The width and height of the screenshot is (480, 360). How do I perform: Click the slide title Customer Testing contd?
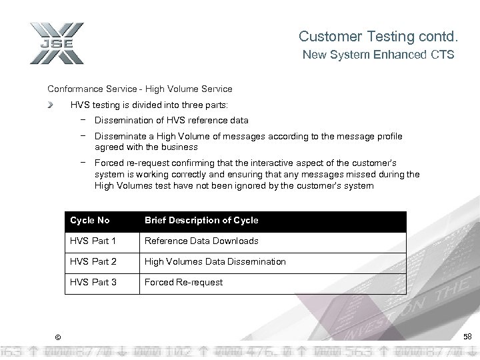(377, 36)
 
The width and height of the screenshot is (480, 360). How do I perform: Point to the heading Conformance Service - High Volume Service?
(140, 89)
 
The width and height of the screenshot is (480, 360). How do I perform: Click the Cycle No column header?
(90, 220)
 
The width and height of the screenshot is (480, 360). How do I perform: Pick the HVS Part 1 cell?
(93, 241)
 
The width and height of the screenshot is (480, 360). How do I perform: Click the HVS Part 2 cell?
(93, 261)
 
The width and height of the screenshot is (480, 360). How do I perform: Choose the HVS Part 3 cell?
(93, 282)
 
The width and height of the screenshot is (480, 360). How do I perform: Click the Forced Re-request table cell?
(183, 282)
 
